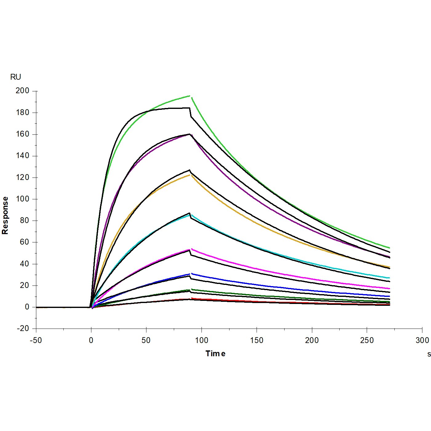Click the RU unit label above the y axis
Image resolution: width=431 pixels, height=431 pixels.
(16, 77)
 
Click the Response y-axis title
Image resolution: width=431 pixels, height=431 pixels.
(5, 215)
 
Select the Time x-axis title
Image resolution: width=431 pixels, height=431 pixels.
(215, 353)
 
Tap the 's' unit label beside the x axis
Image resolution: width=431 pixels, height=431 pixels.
(429, 354)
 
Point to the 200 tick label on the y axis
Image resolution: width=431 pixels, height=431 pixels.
(22, 91)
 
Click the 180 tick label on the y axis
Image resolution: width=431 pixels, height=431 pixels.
(22, 113)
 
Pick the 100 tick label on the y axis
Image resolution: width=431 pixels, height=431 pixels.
(22, 199)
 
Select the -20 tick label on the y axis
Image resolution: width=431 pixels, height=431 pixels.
(22, 329)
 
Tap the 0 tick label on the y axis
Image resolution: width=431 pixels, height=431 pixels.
(27, 307)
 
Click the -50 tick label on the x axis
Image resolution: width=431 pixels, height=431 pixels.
(36, 340)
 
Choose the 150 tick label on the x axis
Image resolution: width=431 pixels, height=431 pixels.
(257, 340)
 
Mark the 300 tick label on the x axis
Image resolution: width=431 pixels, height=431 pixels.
(422, 340)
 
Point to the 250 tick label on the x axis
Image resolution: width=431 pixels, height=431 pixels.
(367, 340)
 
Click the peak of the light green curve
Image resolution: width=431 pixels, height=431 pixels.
(190, 96)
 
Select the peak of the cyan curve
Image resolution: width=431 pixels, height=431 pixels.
(190, 215)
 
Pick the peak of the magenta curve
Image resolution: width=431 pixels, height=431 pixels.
(190, 249)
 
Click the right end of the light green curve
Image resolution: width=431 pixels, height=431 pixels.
(389, 248)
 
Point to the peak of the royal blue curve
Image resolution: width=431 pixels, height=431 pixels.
(190, 274)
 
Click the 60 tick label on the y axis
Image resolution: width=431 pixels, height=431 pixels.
(24, 242)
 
